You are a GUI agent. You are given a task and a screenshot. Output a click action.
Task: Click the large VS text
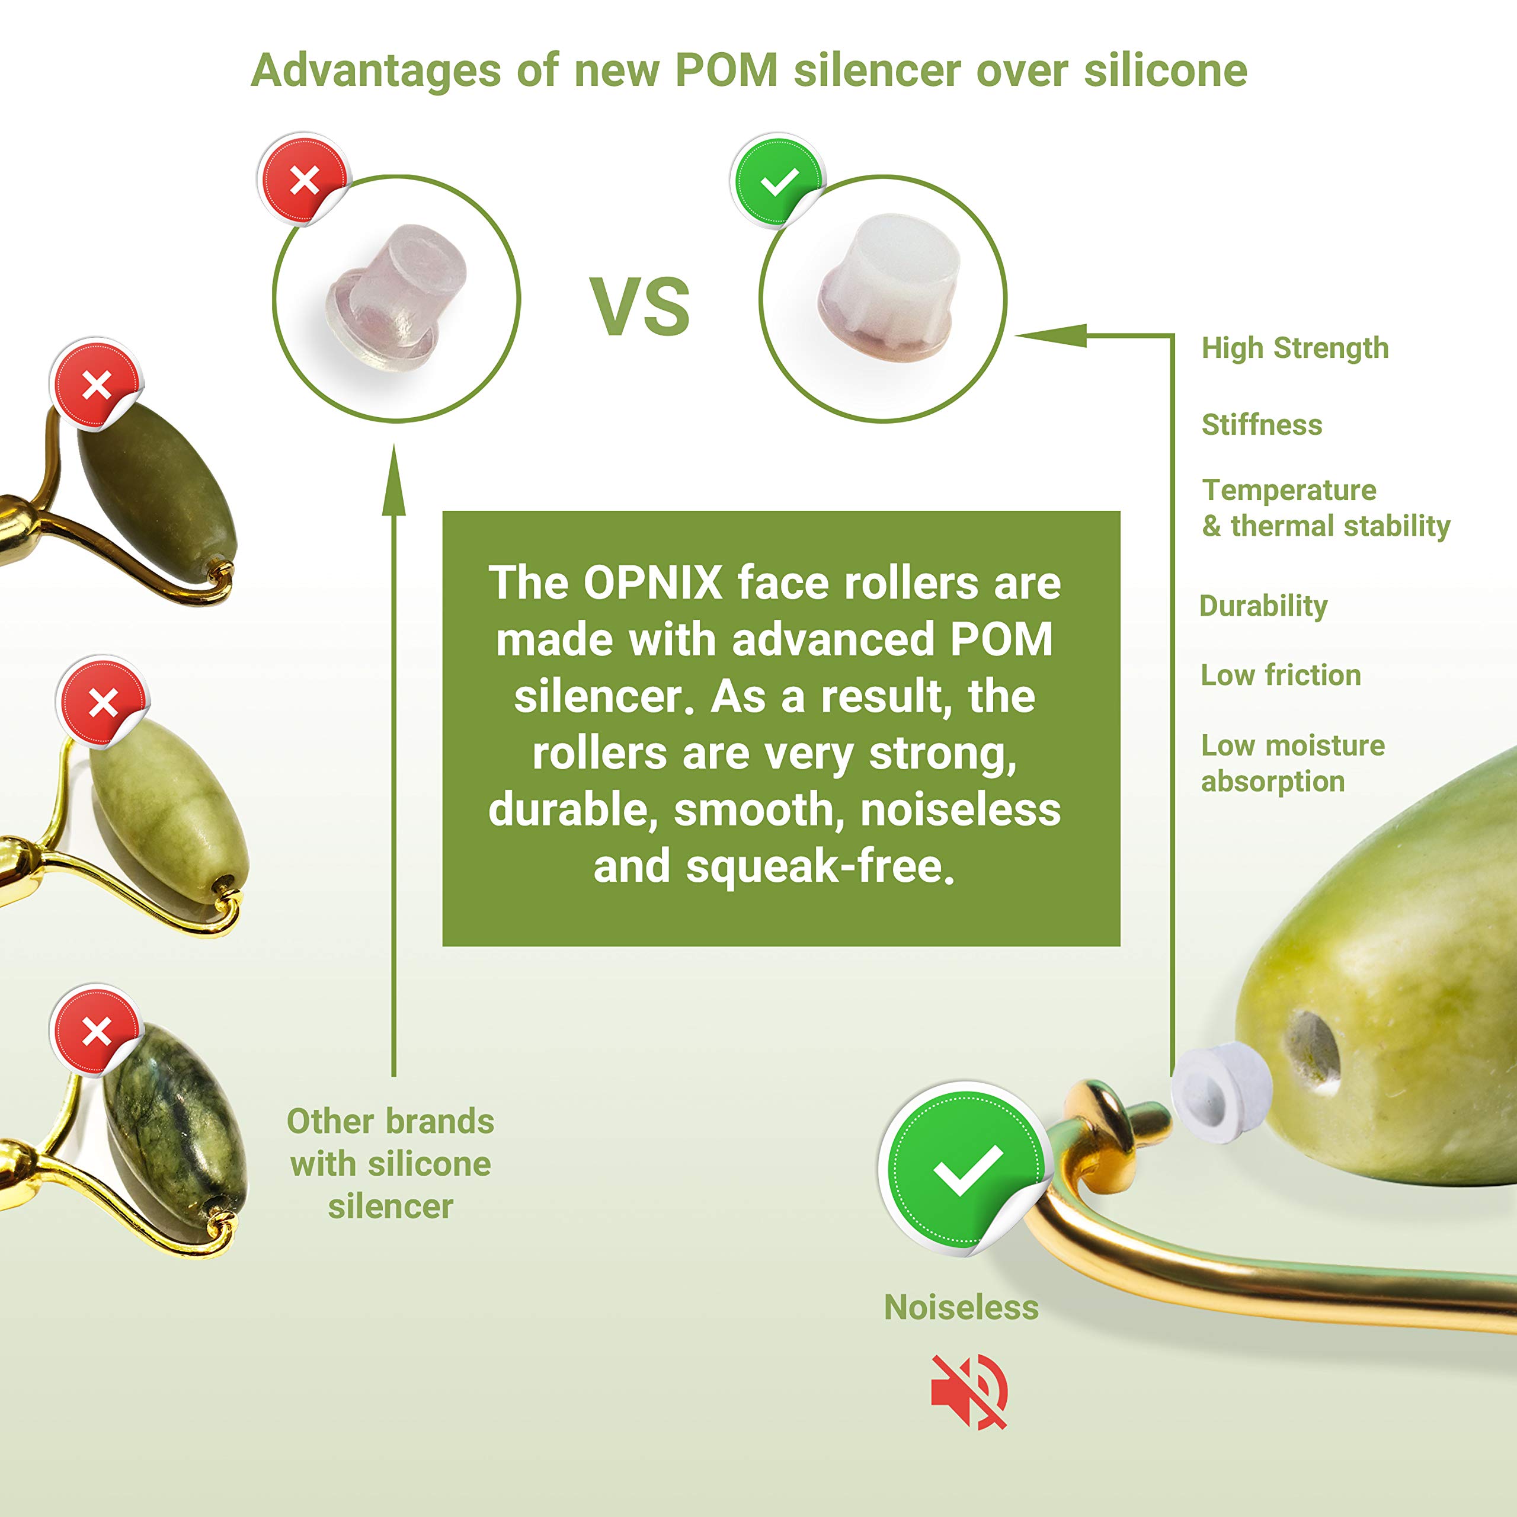[x=640, y=306]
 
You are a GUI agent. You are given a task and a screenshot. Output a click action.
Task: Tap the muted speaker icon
[x=969, y=1391]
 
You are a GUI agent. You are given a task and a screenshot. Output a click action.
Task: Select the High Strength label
[x=1295, y=348]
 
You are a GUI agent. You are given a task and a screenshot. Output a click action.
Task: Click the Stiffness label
[x=1262, y=425]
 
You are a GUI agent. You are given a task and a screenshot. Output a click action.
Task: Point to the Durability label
[x=1263, y=606]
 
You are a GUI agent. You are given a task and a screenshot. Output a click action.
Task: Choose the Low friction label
[x=1281, y=676]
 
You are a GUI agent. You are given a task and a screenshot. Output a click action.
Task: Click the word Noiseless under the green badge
[x=961, y=1307]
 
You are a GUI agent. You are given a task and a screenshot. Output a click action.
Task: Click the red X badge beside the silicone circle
[x=304, y=180]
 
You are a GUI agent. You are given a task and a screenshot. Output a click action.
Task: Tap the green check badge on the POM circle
[x=778, y=181]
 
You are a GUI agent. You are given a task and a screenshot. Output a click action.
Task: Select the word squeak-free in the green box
[x=821, y=867]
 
